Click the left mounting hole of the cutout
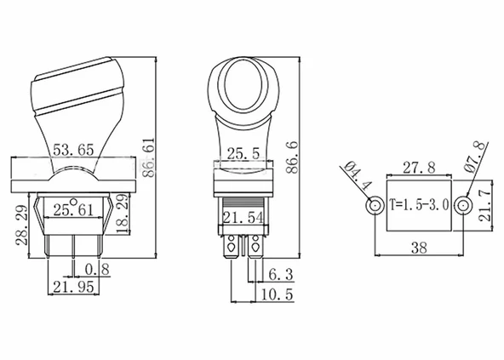tap(373, 206)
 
